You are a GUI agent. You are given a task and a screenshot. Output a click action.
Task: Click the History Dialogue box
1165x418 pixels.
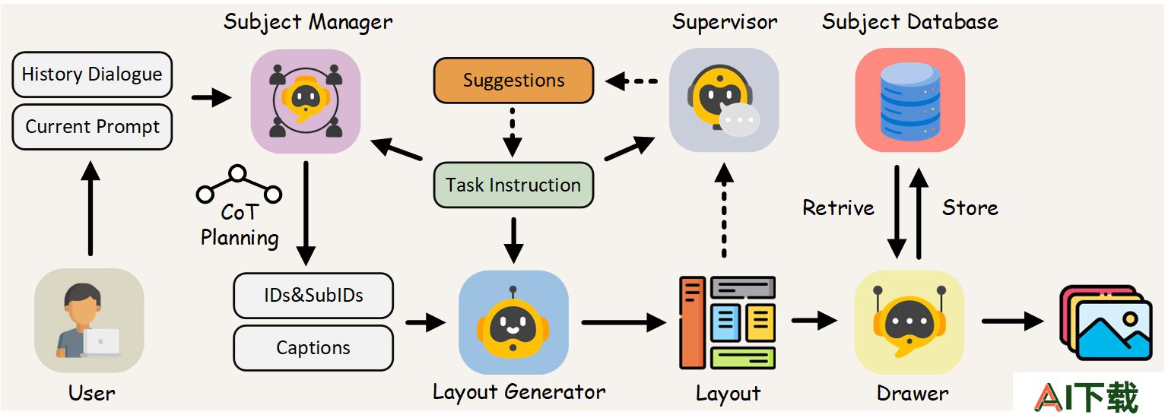(92, 74)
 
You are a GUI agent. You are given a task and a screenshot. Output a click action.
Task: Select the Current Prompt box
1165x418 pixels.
(92, 127)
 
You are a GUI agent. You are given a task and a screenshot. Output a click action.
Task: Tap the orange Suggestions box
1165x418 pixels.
(513, 81)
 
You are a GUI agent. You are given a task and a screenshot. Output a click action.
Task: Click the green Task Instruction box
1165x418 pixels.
(513, 185)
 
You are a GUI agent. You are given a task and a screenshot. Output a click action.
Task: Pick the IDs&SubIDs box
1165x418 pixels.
(313, 296)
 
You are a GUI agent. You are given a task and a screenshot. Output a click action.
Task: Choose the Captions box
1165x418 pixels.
(313, 348)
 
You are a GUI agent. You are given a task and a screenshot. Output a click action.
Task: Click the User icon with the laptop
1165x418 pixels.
(89, 320)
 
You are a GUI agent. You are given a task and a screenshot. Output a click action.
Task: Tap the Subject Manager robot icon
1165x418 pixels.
(306, 101)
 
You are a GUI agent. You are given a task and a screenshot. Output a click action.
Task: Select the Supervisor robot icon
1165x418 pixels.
(724, 100)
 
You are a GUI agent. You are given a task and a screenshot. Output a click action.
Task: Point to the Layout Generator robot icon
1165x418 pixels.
(513, 322)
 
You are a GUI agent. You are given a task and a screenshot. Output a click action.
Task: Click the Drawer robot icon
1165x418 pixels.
(909, 322)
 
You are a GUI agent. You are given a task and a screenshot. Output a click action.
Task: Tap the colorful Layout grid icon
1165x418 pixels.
(728, 322)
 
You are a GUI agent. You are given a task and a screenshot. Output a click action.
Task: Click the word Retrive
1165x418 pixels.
(838, 208)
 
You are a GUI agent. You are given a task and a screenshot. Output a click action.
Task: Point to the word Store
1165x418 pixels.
(970, 208)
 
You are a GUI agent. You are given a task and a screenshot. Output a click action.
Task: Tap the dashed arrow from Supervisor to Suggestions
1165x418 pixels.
(631, 81)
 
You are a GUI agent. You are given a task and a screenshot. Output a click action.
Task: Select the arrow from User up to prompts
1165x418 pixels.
(90, 208)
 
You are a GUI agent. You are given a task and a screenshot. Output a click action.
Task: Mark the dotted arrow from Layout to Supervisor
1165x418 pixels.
(724, 211)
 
